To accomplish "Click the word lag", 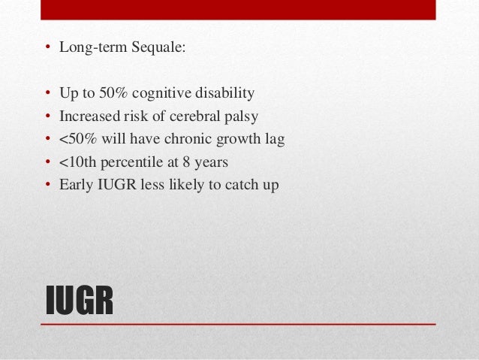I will (275, 139).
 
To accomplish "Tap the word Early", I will (75, 184).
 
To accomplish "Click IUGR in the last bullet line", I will (113, 184).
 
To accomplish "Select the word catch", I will (240, 184).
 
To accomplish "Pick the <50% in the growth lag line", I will (76, 139).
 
